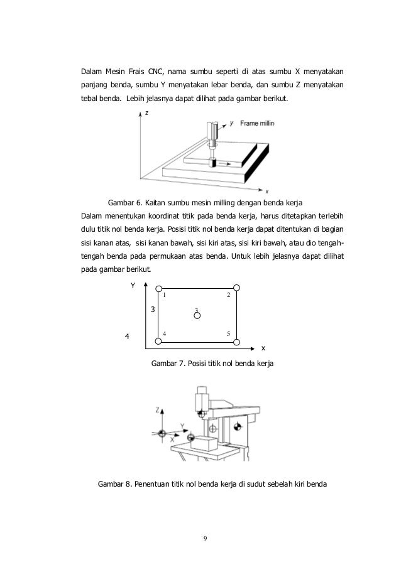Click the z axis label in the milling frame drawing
146,114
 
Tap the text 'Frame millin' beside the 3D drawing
256,124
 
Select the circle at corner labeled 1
158,288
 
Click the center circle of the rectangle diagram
197,315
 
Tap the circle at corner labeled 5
236,342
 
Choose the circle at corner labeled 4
158,342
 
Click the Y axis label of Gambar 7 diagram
133,286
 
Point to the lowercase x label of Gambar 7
263,347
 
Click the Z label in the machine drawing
157,409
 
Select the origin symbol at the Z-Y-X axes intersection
162,434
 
